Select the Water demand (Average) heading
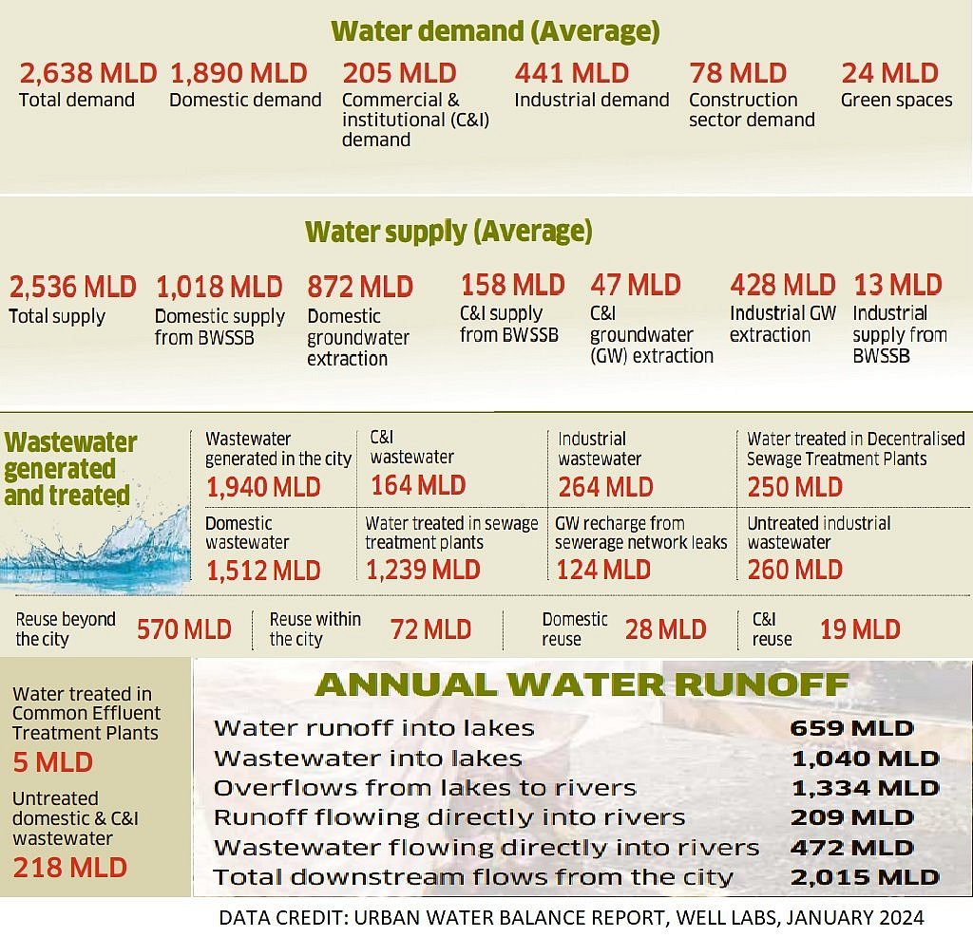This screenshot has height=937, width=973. (x=495, y=30)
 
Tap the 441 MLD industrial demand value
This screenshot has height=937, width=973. (x=571, y=73)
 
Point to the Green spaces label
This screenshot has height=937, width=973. (x=896, y=100)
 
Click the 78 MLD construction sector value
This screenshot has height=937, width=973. (x=737, y=73)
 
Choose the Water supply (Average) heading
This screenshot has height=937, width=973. (x=448, y=231)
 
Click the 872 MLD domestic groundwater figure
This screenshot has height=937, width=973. (x=360, y=286)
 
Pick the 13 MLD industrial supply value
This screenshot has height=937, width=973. (x=897, y=285)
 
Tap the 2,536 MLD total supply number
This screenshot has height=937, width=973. (x=72, y=286)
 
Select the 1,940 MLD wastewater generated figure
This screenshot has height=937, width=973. (x=263, y=487)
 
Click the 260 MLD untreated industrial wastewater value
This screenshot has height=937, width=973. (x=794, y=570)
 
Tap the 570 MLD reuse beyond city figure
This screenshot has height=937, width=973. (x=183, y=628)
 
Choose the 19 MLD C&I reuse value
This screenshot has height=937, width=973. (x=859, y=628)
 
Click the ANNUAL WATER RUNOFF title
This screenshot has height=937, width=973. (x=582, y=685)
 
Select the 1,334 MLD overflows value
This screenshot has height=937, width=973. (x=865, y=788)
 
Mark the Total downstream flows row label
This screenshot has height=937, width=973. (x=473, y=877)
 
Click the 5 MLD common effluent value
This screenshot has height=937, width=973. (x=52, y=761)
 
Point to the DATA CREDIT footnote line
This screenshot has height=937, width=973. (x=571, y=917)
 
